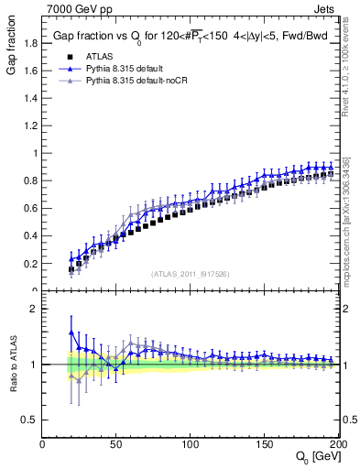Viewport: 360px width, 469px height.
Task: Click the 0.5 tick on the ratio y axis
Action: [x=29, y=420]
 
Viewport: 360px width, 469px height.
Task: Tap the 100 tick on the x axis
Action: [x=191, y=444]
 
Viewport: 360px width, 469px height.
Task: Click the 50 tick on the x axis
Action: [x=116, y=444]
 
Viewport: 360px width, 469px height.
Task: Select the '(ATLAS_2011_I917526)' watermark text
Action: [x=191, y=274]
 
